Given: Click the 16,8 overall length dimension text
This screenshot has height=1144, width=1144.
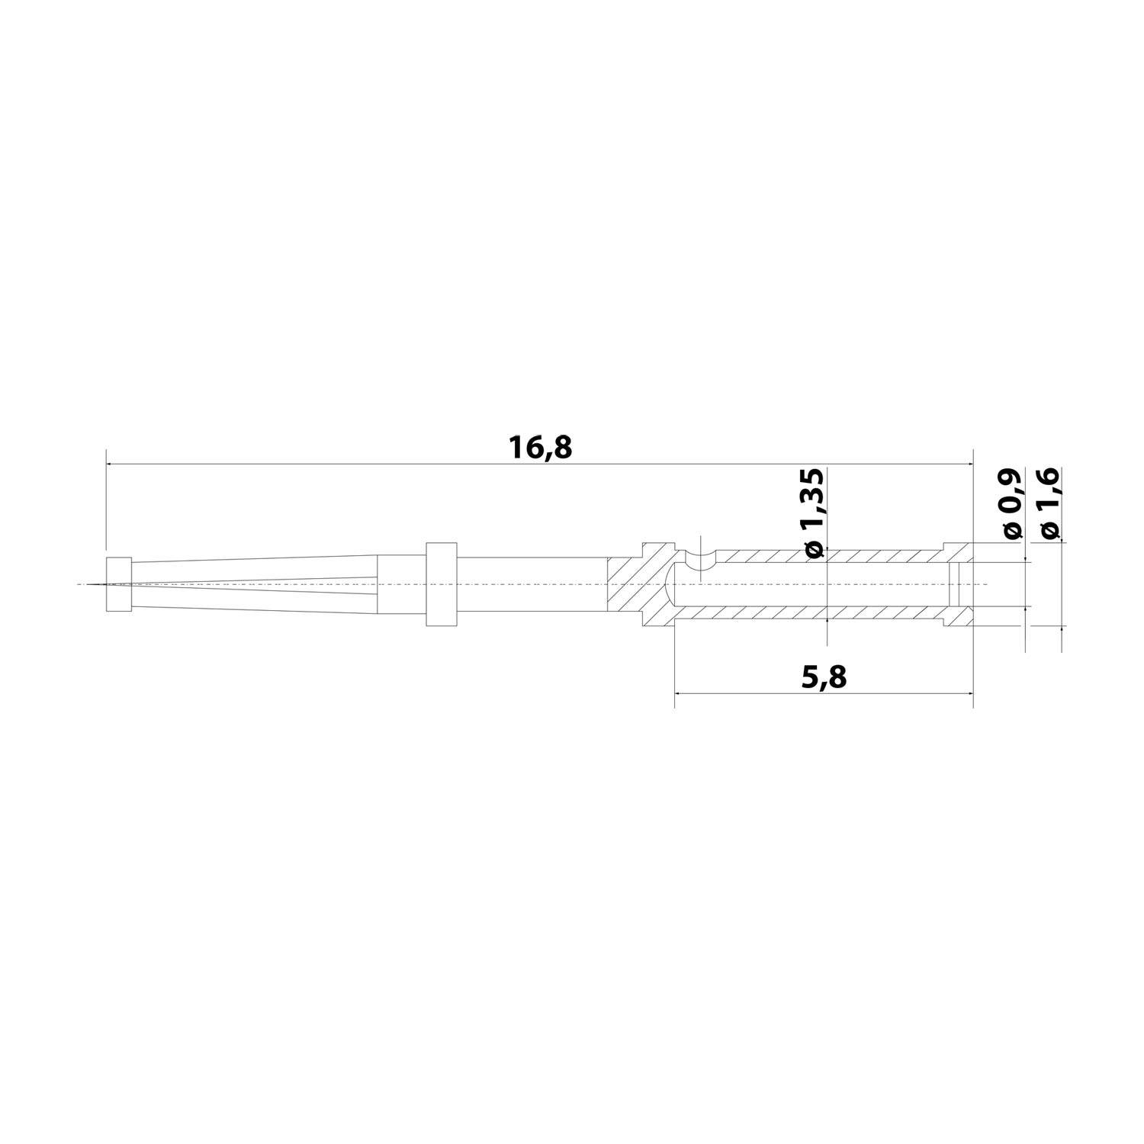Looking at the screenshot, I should click(540, 448).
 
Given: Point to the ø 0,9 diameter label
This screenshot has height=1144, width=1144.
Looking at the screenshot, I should click(1012, 505).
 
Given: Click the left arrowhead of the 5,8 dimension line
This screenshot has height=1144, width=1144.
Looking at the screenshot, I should click(680, 693).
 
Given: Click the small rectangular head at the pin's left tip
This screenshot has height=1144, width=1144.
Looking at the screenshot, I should click(119, 584).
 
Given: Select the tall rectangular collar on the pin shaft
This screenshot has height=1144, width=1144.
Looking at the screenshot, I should click(441, 584).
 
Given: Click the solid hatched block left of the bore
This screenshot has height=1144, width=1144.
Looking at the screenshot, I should click(637, 584).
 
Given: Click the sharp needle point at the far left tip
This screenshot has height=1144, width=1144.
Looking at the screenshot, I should click(90, 584).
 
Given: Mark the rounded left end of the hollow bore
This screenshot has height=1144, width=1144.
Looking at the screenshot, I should click(671, 584).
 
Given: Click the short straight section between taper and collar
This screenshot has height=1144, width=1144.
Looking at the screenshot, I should click(401, 584).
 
